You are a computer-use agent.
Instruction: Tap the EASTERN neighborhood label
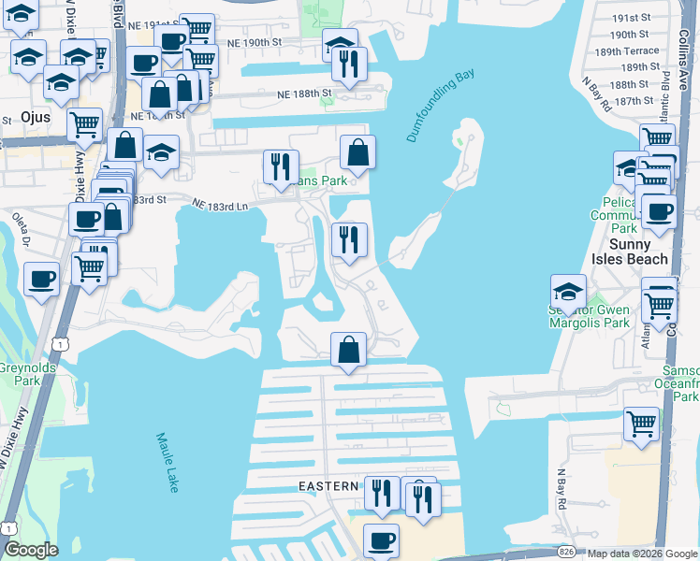tap(328, 486)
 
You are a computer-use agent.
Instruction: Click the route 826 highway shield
tap(566, 552)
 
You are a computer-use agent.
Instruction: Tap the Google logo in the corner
tap(31, 550)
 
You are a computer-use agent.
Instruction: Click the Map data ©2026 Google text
tap(640, 554)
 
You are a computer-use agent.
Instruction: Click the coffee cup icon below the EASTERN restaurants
tap(381, 539)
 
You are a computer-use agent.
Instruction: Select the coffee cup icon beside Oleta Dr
tap(42, 279)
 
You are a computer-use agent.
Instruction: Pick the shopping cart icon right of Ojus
tap(85, 122)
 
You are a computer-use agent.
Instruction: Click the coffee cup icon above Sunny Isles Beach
tap(660, 211)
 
